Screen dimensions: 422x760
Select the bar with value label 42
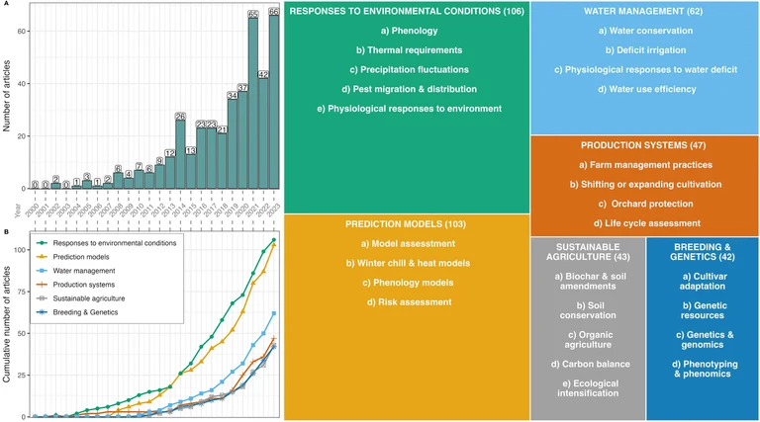click(x=263, y=133)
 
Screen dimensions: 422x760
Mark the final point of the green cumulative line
click(x=273, y=239)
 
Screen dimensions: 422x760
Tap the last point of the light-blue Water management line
click(x=273, y=313)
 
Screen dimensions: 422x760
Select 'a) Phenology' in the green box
click(x=407, y=31)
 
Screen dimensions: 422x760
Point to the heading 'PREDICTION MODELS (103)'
click(x=407, y=224)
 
